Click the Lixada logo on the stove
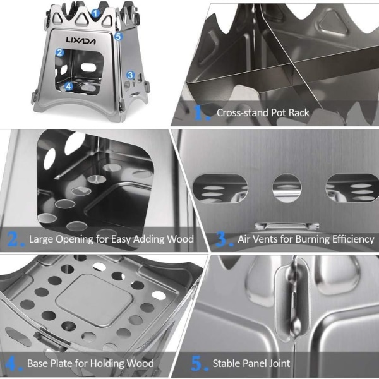tap(81, 40)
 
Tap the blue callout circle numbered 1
tap(96, 13)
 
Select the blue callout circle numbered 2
tap(60, 52)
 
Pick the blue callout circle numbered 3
tap(131, 75)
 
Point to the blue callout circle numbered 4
tap(69, 87)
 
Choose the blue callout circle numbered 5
tap(118, 37)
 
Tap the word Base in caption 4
tap(37, 363)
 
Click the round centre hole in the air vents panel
tap(287, 188)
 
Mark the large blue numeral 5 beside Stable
tap(197, 363)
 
